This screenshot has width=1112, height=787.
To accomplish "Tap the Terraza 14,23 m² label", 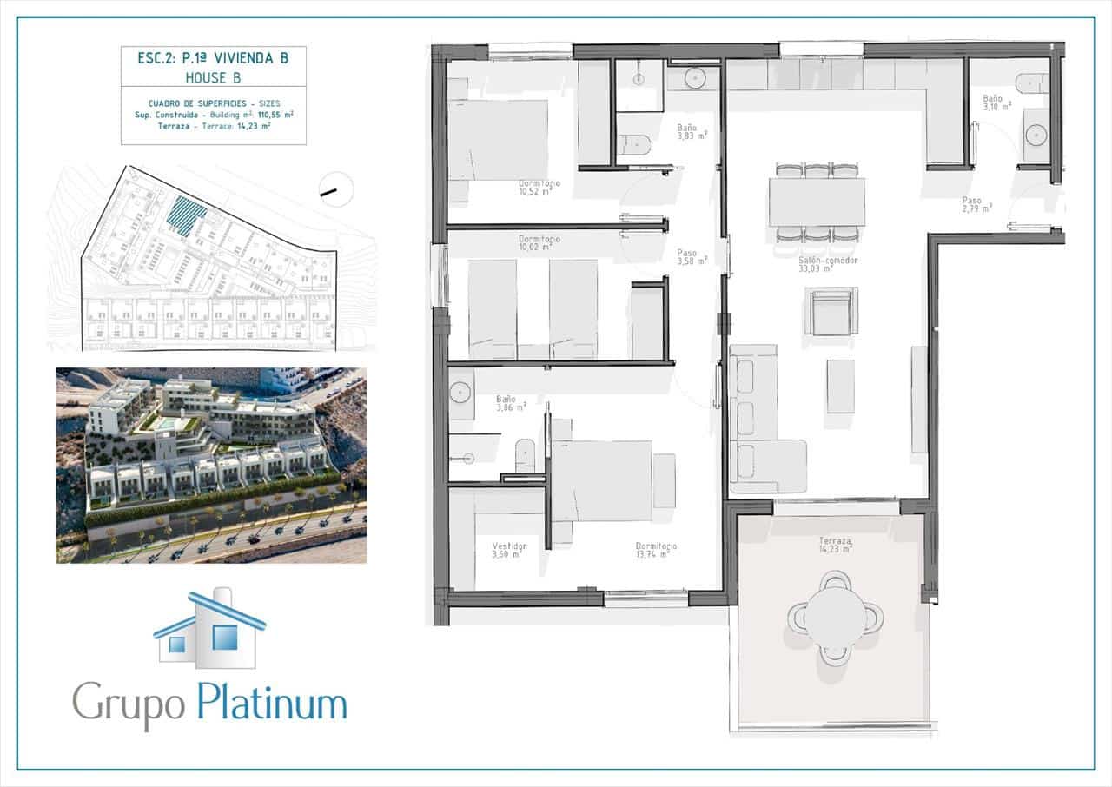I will [x=835, y=544].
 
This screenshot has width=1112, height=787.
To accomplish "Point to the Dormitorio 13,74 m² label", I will [x=656, y=550].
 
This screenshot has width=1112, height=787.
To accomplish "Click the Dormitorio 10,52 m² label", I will [x=539, y=188].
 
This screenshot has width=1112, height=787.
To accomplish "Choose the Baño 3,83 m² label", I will [x=692, y=131].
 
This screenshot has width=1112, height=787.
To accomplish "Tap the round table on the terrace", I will [x=835, y=617].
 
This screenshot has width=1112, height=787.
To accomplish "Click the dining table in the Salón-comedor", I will [x=817, y=202].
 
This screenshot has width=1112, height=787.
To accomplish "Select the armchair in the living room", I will [x=831, y=312].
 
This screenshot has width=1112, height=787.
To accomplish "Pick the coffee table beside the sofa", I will [x=840, y=386].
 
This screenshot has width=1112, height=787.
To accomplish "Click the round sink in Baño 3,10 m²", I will [x=1036, y=135].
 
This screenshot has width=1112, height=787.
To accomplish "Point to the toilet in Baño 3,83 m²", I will [x=634, y=144].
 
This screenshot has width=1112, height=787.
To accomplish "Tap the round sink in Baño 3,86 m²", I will [x=460, y=393].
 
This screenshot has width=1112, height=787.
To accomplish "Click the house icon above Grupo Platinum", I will [x=210, y=631].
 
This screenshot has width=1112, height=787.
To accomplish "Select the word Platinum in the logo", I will [x=271, y=703].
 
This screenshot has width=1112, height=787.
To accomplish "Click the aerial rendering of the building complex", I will [x=211, y=465].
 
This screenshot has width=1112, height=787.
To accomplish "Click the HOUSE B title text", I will [x=213, y=78].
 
